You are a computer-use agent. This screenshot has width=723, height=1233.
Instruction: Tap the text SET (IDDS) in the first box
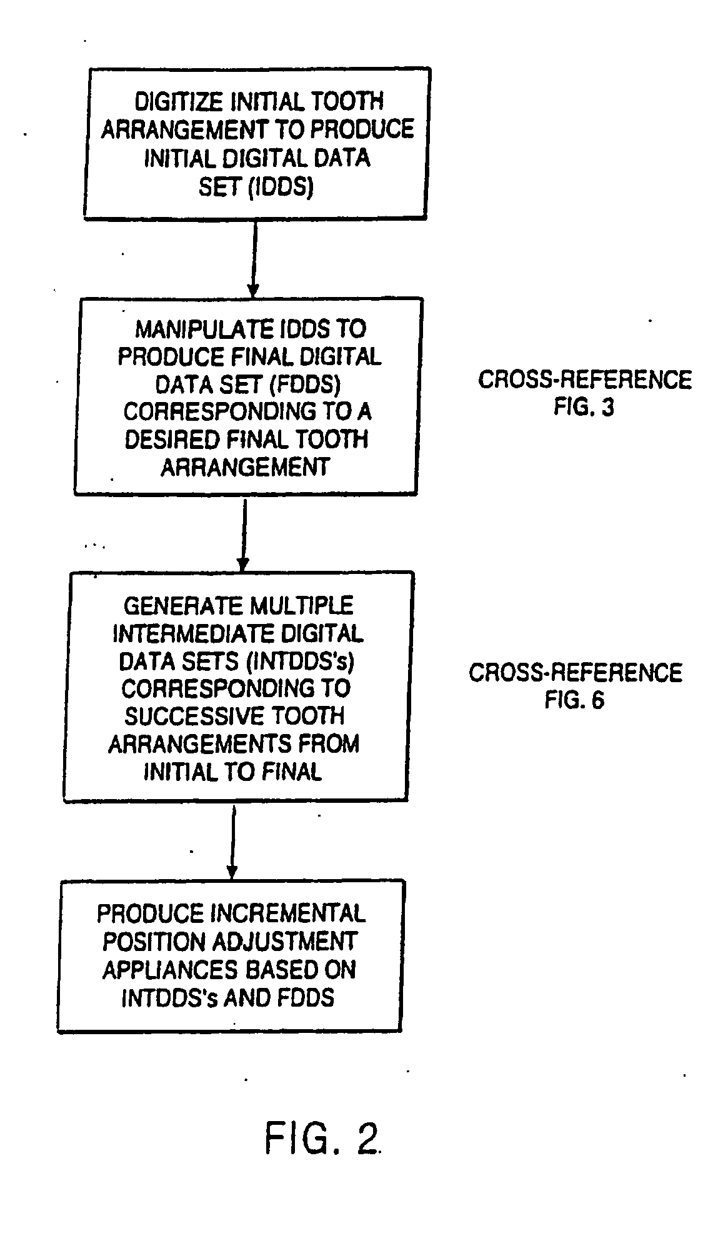(255, 187)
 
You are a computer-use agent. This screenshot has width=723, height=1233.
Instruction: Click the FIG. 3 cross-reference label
(584, 408)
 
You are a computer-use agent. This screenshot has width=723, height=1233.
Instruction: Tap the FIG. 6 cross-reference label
(574, 700)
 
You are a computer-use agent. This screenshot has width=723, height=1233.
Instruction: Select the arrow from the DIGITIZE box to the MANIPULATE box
(252, 259)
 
